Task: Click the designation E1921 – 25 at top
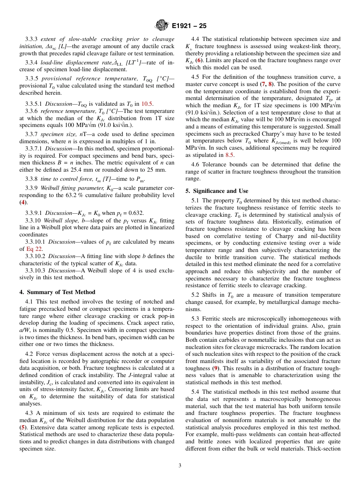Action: [189, 26]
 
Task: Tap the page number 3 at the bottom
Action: [180, 465]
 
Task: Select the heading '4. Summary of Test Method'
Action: [57, 292]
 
